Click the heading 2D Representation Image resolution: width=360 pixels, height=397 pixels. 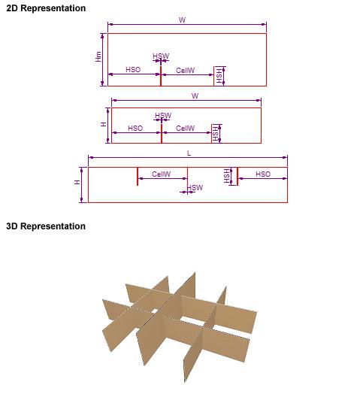[46, 8]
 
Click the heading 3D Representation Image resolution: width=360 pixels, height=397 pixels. [46, 226]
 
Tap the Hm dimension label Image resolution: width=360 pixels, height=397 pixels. [98, 56]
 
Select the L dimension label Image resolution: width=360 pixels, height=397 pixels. [189, 153]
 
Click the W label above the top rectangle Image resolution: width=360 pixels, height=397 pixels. [183, 20]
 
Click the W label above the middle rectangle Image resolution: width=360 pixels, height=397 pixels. [195, 96]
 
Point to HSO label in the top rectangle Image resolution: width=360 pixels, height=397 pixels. [133, 70]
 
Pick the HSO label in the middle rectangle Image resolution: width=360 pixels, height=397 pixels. [135, 128]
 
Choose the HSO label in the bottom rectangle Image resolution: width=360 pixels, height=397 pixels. [263, 174]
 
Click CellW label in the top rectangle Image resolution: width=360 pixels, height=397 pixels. [186, 70]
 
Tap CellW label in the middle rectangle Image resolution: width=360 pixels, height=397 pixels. [186, 128]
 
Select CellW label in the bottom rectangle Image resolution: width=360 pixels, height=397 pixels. [162, 174]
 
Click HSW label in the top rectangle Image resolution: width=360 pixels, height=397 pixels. [161, 56]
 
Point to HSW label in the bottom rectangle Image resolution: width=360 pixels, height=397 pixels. [195, 188]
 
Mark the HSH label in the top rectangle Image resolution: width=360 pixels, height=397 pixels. [219, 76]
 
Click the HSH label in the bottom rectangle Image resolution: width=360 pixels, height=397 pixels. [226, 176]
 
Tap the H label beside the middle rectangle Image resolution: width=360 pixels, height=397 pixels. [104, 124]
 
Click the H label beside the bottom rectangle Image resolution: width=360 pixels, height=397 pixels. [77, 182]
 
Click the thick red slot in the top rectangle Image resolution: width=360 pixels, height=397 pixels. [161, 76]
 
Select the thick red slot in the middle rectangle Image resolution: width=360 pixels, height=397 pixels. [162, 133]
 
